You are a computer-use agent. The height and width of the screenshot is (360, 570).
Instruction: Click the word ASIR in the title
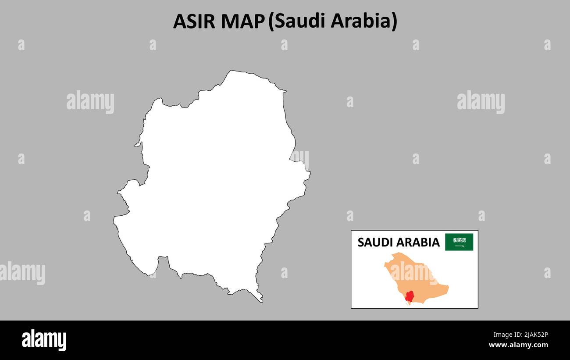click(194, 21)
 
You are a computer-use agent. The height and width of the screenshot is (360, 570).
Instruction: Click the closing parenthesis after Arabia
click(394, 21)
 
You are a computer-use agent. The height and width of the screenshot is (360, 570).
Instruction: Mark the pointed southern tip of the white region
click(262, 301)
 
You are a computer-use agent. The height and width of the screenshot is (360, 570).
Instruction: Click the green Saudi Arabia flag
click(459, 242)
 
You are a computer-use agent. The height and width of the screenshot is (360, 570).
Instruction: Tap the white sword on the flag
click(459, 246)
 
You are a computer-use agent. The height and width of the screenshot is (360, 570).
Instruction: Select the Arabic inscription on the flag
click(459, 240)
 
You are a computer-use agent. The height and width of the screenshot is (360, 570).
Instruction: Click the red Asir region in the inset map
click(410, 296)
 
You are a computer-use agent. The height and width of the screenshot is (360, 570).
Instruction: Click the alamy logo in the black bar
click(44, 340)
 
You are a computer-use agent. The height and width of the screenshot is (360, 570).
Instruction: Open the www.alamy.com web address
click(518, 345)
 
